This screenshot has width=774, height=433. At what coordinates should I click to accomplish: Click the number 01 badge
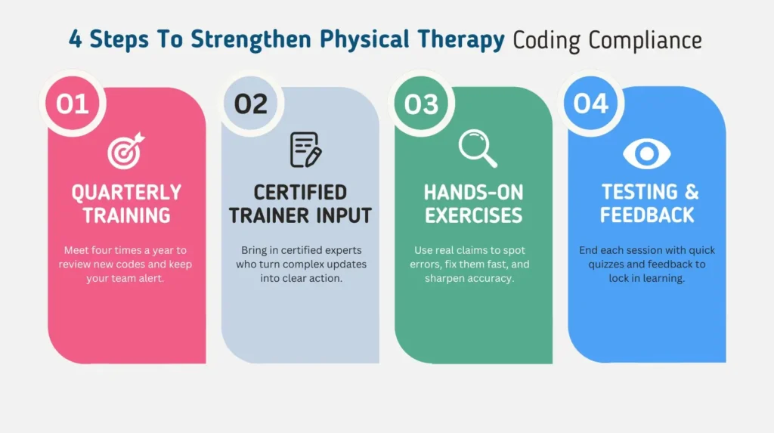[x=73, y=104]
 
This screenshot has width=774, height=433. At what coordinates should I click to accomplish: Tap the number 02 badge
[x=251, y=104]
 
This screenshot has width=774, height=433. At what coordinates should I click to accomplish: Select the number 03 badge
[x=421, y=104]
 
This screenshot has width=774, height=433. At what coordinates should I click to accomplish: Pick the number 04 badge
[x=591, y=103]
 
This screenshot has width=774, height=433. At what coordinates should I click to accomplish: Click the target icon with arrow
[x=125, y=150]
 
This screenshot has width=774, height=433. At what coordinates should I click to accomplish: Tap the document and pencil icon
[x=305, y=150]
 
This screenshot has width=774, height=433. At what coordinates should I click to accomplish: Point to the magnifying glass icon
[x=478, y=149]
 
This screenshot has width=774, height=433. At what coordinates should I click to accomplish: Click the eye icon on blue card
[x=647, y=153]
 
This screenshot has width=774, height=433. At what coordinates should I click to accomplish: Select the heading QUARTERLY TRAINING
[x=126, y=203]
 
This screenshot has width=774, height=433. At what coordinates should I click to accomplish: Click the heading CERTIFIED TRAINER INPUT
[x=300, y=203]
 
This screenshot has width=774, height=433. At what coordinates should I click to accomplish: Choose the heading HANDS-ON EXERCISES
[x=473, y=203]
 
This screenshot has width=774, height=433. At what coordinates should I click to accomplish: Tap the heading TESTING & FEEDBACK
[x=647, y=203]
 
